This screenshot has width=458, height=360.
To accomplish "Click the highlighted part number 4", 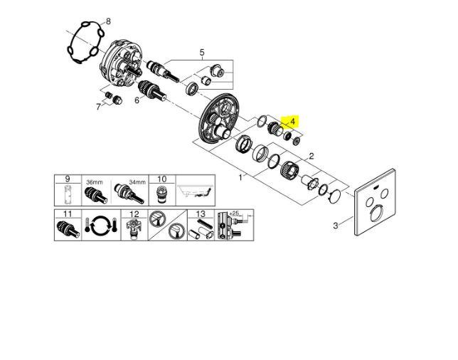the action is click(x=293, y=121).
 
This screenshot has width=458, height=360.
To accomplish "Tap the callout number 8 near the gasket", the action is click(x=108, y=21).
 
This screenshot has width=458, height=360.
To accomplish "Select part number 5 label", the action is click(x=202, y=53).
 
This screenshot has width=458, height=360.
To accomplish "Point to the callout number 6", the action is click(x=137, y=100).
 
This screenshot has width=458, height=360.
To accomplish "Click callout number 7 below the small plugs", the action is click(x=98, y=107).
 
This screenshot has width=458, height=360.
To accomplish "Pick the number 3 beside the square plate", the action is click(x=336, y=226).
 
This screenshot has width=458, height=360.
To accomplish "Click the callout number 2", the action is click(x=311, y=156).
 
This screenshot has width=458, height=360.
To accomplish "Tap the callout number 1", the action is click(x=240, y=177).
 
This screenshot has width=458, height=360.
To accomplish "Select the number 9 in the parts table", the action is click(x=68, y=179).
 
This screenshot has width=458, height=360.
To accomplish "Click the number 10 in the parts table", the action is click(x=162, y=179).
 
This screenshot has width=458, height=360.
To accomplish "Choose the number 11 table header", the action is click(x=68, y=214).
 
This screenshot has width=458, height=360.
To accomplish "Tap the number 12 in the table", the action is click(x=134, y=214).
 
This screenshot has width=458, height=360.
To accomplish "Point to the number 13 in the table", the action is click(x=201, y=214).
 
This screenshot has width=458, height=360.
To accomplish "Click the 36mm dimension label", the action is click(x=95, y=182).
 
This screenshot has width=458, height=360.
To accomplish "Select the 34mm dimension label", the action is click(x=137, y=182).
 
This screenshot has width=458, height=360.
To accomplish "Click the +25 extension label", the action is click(x=235, y=213).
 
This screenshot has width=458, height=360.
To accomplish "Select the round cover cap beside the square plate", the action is click(x=335, y=196).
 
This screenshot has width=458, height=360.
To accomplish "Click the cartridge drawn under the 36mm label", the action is click(x=96, y=195).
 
